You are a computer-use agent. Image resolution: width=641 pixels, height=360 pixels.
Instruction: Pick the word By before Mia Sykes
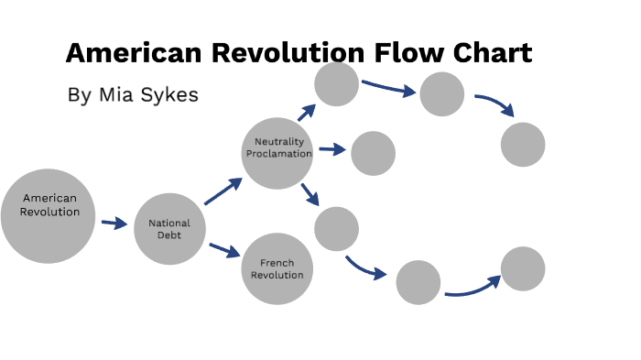(x=79, y=95)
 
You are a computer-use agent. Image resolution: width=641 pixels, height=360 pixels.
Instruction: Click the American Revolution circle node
(x=48, y=216)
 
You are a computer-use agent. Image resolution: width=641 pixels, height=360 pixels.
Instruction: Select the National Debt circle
(x=169, y=229)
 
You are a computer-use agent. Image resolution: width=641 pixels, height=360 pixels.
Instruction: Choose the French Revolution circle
(x=277, y=269)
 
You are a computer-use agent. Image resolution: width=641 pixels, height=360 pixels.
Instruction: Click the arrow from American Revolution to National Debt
(x=114, y=223)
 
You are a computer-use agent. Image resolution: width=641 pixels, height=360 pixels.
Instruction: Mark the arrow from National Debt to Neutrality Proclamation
(x=223, y=191)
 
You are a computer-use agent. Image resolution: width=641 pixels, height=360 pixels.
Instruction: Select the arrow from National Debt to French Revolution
(x=224, y=249)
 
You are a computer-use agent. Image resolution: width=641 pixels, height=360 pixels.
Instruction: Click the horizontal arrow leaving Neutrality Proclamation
(x=331, y=150)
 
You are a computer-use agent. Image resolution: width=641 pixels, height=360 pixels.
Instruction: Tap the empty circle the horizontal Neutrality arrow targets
(x=373, y=153)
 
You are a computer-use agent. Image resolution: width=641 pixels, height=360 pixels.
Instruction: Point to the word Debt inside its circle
(x=169, y=235)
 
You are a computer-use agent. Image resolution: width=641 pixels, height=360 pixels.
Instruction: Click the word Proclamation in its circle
(x=279, y=154)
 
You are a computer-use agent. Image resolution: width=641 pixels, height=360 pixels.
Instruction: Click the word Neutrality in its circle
(x=278, y=142)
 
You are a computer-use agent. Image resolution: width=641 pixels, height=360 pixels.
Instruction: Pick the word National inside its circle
(x=169, y=223)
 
